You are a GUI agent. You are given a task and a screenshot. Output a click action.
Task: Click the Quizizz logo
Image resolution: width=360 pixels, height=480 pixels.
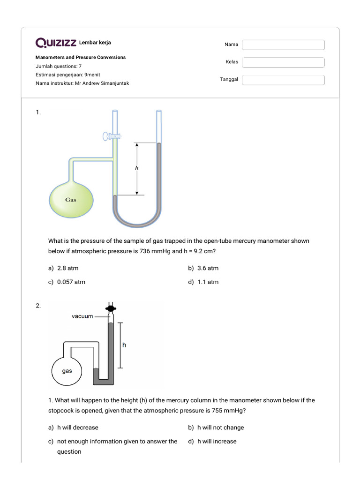tap(56, 43)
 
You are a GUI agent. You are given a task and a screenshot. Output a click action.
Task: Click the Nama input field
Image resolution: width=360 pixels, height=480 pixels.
tap(283, 45)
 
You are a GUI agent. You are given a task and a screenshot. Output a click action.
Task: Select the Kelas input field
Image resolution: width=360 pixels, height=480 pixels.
tap(283, 62)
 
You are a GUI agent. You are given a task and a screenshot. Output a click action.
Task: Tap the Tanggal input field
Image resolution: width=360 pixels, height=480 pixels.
tap(283, 80)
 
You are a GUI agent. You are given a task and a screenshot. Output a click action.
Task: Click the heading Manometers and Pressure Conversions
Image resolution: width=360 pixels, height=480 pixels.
tap(81, 57)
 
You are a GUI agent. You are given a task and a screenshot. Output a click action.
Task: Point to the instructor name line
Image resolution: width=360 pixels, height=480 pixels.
tap(82, 83)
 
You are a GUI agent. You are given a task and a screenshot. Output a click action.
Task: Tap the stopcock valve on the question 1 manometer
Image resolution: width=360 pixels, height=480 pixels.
tap(112, 137)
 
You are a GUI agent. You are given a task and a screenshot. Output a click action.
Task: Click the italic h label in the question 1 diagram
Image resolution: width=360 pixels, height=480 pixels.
tap(136, 167)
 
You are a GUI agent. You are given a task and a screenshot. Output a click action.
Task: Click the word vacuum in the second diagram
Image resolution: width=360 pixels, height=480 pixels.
tap(82, 316)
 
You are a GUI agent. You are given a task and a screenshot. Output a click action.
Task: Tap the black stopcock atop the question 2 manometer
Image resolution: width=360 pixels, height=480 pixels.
tap(111, 309)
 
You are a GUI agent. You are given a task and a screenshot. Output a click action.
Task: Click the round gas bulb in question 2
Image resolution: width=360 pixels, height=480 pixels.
tap(67, 371)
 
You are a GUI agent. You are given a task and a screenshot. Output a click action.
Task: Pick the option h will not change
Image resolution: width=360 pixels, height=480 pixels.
tap(220, 427)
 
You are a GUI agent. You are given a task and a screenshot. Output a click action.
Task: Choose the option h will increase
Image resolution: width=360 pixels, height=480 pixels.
tap(217, 441)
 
